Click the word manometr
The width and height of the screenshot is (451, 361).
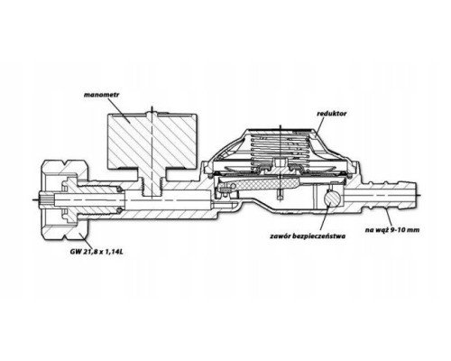tap(102, 95)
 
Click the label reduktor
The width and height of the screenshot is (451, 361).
tap(332, 114)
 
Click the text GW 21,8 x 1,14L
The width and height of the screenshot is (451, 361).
tap(96, 252)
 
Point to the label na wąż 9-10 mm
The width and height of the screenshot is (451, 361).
tap(392, 230)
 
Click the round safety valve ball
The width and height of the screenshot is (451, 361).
tap(330, 199)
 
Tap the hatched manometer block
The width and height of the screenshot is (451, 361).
tap(152, 141)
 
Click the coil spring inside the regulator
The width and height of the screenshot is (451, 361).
tap(279, 147)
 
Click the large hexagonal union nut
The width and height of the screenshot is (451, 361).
tap(64, 200)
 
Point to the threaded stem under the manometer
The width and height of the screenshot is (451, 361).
tap(152, 183)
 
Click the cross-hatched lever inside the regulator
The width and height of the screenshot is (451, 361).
tap(259, 184)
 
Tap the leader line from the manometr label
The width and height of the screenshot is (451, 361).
tap(120, 109)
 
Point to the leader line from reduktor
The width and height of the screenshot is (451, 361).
tap(320, 125)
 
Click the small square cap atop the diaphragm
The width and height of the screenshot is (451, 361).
tap(280, 162)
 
